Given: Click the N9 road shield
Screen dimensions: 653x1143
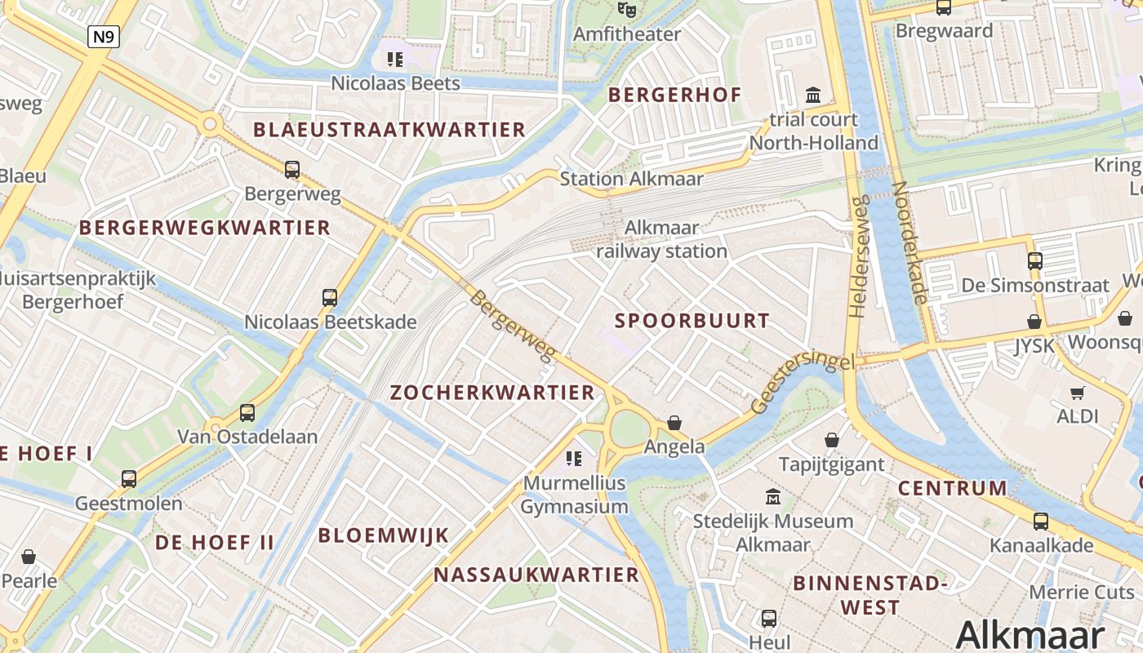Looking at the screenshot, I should [x=104, y=36].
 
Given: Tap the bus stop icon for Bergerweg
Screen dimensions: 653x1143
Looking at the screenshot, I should [x=292, y=170].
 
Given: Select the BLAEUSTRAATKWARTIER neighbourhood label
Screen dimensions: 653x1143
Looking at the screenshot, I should [x=389, y=130].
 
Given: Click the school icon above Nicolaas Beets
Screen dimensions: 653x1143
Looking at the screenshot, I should [x=395, y=59].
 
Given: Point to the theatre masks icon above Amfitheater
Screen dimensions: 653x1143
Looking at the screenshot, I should [x=626, y=10].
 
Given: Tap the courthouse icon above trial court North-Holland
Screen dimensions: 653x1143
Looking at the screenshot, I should [x=813, y=95].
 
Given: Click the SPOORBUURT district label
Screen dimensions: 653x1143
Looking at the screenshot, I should [x=692, y=321].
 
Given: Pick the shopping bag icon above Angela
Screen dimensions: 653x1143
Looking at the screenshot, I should [x=674, y=422].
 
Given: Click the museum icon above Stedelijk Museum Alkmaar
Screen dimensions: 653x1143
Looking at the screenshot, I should [x=772, y=496].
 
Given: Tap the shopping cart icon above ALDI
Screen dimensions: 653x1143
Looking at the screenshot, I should [x=1077, y=393].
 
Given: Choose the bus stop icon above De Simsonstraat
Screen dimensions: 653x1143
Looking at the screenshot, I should [x=1035, y=261].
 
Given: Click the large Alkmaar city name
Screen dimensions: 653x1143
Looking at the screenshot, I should [x=1030, y=634].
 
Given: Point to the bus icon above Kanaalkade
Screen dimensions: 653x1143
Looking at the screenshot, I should [x=1041, y=521].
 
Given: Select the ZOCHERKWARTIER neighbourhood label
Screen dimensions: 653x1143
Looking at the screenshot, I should [x=492, y=393].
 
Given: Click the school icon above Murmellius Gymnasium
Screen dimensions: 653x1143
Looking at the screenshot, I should [x=574, y=459].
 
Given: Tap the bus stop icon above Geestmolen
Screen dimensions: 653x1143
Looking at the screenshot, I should [x=129, y=479].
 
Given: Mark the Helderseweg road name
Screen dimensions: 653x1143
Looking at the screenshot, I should [x=856, y=257].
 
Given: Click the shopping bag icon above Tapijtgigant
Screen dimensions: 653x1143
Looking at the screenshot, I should [x=831, y=441].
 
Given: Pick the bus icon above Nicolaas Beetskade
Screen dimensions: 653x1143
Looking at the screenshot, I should [x=330, y=298].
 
